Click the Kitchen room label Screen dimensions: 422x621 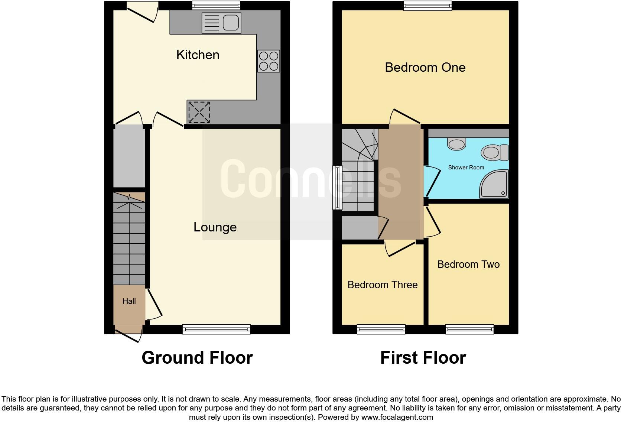(x=198, y=55)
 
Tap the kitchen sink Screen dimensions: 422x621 (x=221, y=23)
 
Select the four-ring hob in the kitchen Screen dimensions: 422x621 (x=269, y=61)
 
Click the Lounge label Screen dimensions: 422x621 (x=215, y=227)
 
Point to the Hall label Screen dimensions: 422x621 (x=129, y=301)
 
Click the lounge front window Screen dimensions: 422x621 (x=216, y=329)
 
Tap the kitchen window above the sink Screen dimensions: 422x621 (x=216, y=5)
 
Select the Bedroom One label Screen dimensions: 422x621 (x=425, y=67)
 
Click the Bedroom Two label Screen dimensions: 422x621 (x=468, y=264)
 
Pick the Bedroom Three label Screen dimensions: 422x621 (x=383, y=285)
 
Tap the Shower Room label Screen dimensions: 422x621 (x=466, y=168)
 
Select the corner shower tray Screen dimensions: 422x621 (x=494, y=184)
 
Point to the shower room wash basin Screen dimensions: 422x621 (x=456, y=143)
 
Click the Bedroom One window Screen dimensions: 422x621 (x=428, y=5)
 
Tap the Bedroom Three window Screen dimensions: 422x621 (x=381, y=329)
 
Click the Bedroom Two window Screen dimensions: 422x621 (x=469, y=329)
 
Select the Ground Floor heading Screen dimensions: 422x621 (x=197, y=358)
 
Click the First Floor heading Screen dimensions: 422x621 (x=423, y=358)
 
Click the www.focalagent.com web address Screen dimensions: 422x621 (x=397, y=417)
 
